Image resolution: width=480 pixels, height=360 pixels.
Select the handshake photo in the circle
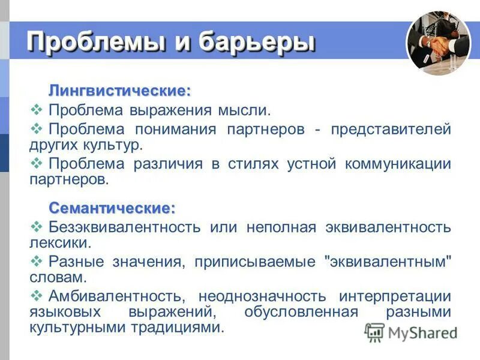(x=438, y=44)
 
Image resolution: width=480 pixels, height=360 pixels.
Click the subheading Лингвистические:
(x=119, y=91)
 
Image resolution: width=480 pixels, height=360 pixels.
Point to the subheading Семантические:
(x=112, y=208)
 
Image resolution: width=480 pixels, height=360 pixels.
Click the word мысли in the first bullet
(x=243, y=111)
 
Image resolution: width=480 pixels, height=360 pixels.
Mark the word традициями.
(x=181, y=328)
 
